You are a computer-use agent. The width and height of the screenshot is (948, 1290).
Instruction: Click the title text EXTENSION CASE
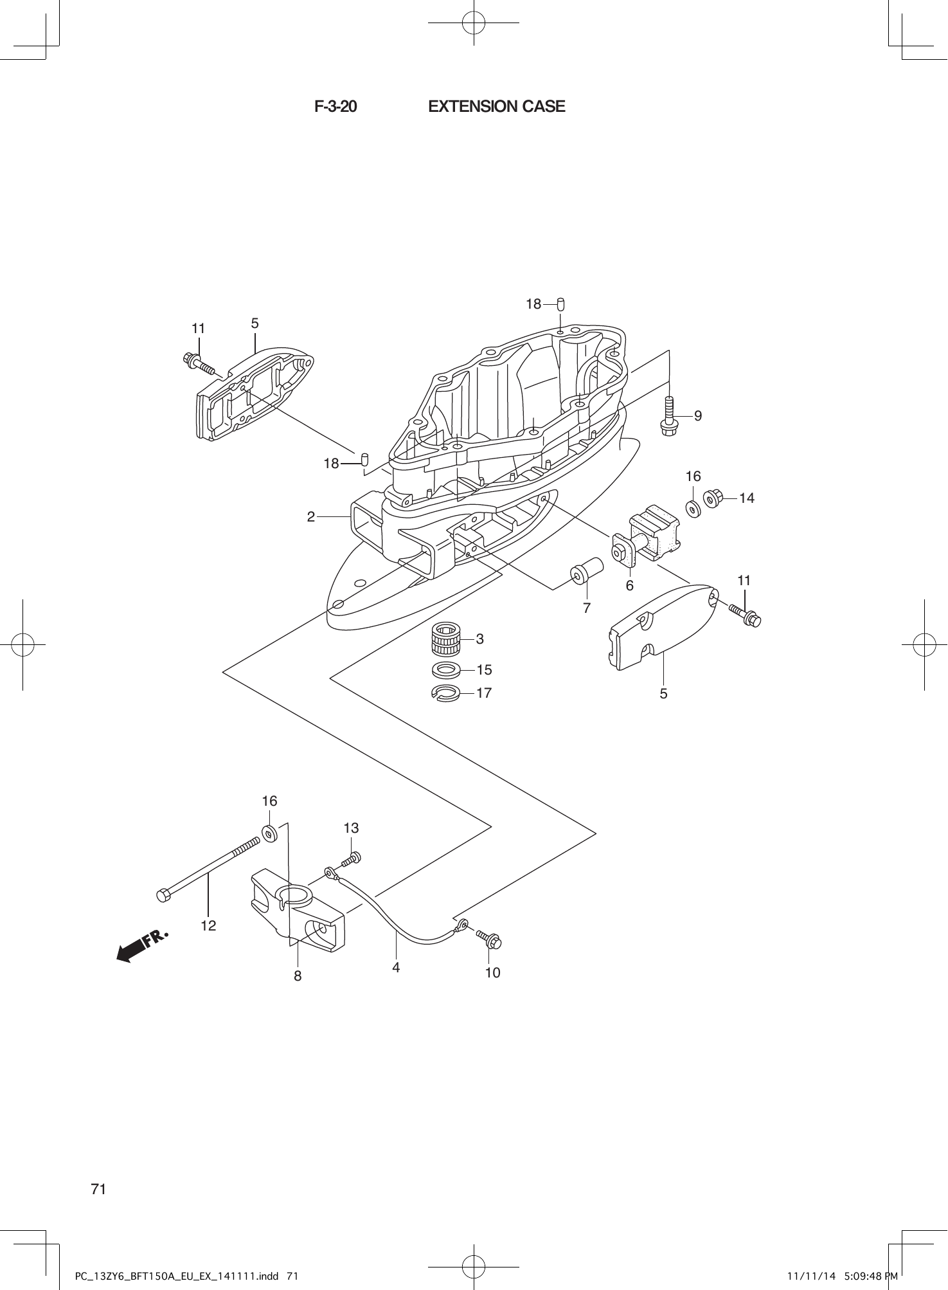click(x=496, y=107)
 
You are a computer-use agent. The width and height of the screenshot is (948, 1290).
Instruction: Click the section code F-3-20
click(x=335, y=107)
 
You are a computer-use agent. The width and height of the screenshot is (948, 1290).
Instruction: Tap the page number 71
click(x=98, y=1189)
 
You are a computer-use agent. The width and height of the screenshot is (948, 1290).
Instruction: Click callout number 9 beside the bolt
click(x=698, y=416)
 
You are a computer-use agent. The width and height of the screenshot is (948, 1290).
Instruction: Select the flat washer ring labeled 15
click(x=445, y=670)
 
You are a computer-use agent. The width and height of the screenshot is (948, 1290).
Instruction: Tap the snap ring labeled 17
click(x=444, y=693)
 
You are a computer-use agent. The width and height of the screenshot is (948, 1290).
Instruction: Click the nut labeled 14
click(x=712, y=498)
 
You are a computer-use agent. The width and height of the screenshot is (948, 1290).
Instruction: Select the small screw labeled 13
click(x=352, y=858)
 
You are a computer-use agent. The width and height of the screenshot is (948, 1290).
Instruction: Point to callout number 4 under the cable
click(x=397, y=967)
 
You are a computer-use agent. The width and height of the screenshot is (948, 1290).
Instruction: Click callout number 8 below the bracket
click(x=298, y=976)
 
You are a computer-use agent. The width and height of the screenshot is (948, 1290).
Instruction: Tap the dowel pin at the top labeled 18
click(x=560, y=303)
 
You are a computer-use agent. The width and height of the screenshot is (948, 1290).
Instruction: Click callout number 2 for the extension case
click(x=311, y=516)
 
